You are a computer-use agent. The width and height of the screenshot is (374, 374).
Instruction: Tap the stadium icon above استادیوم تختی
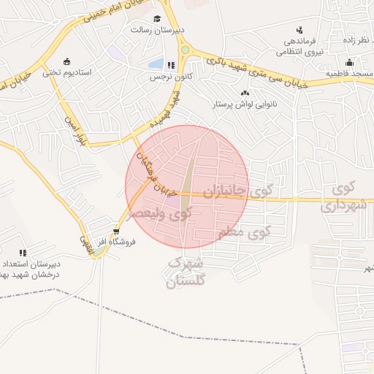pyautogui.click(x=67, y=61)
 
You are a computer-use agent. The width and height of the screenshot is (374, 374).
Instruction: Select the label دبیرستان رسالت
pyautogui.click(x=150, y=30)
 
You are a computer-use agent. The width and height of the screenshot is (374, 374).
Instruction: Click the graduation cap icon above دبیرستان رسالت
pyautogui.click(x=156, y=19)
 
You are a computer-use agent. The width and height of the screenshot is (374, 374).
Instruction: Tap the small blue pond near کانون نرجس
pyautogui.click(x=156, y=64)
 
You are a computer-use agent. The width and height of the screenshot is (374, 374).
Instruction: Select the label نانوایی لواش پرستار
pyautogui.click(x=244, y=104)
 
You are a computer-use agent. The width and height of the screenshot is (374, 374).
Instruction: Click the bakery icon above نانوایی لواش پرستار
pyautogui.click(x=244, y=93)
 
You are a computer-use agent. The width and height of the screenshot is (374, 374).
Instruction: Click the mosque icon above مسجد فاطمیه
pyautogui.click(x=349, y=62)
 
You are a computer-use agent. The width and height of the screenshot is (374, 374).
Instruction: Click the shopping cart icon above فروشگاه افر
pyautogui.click(x=116, y=232)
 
